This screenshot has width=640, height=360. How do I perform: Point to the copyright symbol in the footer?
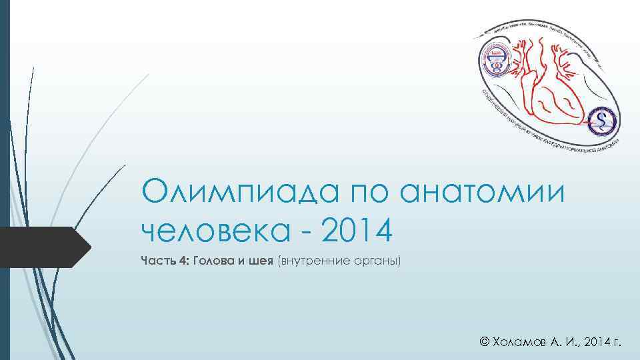coord(485,343)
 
